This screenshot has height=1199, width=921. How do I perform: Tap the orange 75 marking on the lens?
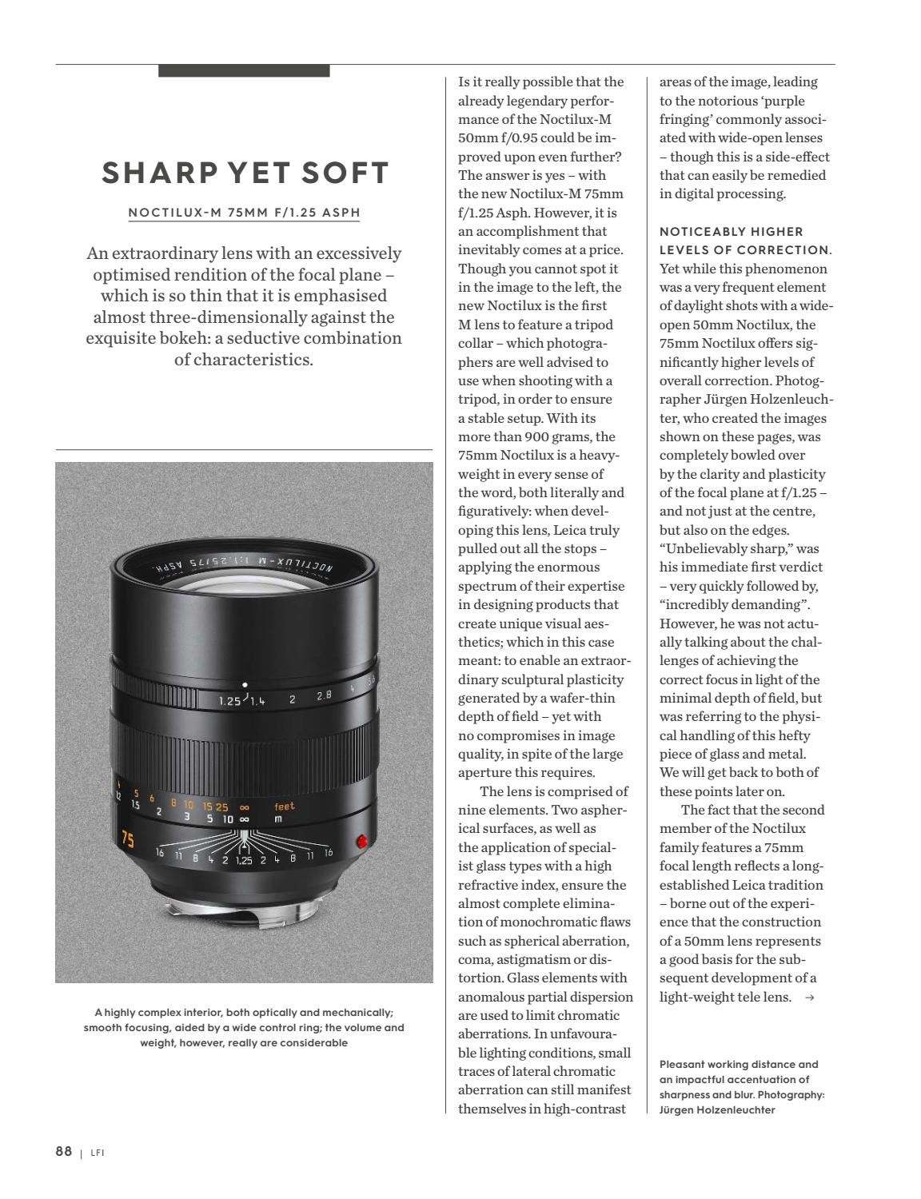click(127, 839)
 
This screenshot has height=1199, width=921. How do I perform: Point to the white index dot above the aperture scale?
click(245, 684)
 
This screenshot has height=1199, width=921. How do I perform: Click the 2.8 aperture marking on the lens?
click(324, 695)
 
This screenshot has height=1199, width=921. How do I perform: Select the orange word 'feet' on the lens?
click(285, 807)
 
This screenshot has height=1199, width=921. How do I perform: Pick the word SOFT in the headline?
click(350, 173)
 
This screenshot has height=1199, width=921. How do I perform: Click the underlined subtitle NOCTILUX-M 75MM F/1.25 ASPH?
click(245, 213)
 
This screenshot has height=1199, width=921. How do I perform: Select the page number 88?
click(64, 1151)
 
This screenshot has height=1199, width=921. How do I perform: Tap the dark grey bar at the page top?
click(244, 70)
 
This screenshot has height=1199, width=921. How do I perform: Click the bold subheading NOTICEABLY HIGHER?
click(720, 232)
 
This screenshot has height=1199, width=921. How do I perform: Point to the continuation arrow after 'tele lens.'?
click(810, 998)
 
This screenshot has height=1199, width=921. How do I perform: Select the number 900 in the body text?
click(538, 436)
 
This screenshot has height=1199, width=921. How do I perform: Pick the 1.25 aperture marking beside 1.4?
click(229, 702)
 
